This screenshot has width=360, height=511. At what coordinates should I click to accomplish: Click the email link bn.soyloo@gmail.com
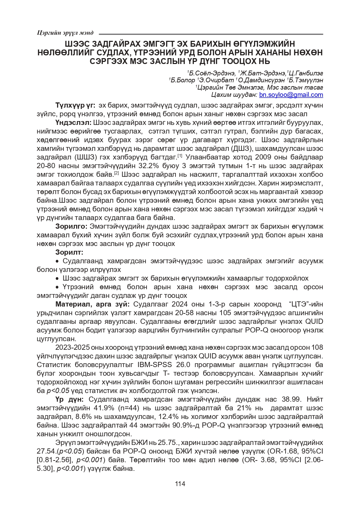291,95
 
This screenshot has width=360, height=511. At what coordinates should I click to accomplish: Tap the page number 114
180,484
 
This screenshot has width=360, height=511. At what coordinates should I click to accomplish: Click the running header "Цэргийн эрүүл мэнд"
65,33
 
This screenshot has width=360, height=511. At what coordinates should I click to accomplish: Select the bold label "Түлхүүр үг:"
75,105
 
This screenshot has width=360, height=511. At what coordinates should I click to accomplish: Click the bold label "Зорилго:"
71,226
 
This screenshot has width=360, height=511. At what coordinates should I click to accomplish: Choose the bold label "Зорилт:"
69,252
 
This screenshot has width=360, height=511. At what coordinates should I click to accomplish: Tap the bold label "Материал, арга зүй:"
92,304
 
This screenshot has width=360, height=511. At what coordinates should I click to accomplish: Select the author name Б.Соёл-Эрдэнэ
212,73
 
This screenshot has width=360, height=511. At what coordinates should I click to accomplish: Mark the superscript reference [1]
180,156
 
